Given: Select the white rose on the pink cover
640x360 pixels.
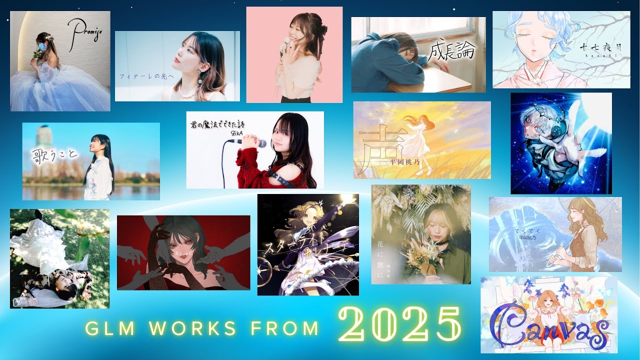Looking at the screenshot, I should [287, 41].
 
